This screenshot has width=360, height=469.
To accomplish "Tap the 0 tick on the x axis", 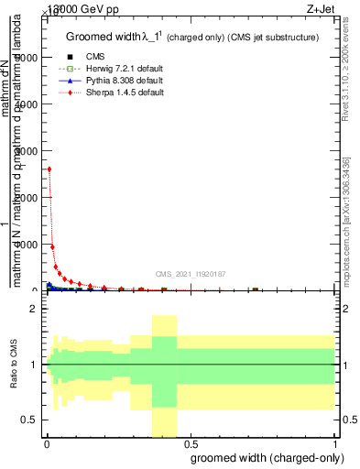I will (x=48, y=444).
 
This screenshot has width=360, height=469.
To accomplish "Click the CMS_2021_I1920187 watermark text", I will (x=191, y=274).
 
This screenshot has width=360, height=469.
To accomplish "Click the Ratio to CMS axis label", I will (x=13, y=365).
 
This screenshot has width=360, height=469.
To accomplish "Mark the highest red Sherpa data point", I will (x=49, y=169).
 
